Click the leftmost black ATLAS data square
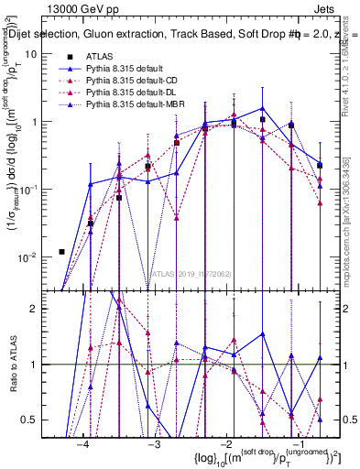(x=61, y=251)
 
